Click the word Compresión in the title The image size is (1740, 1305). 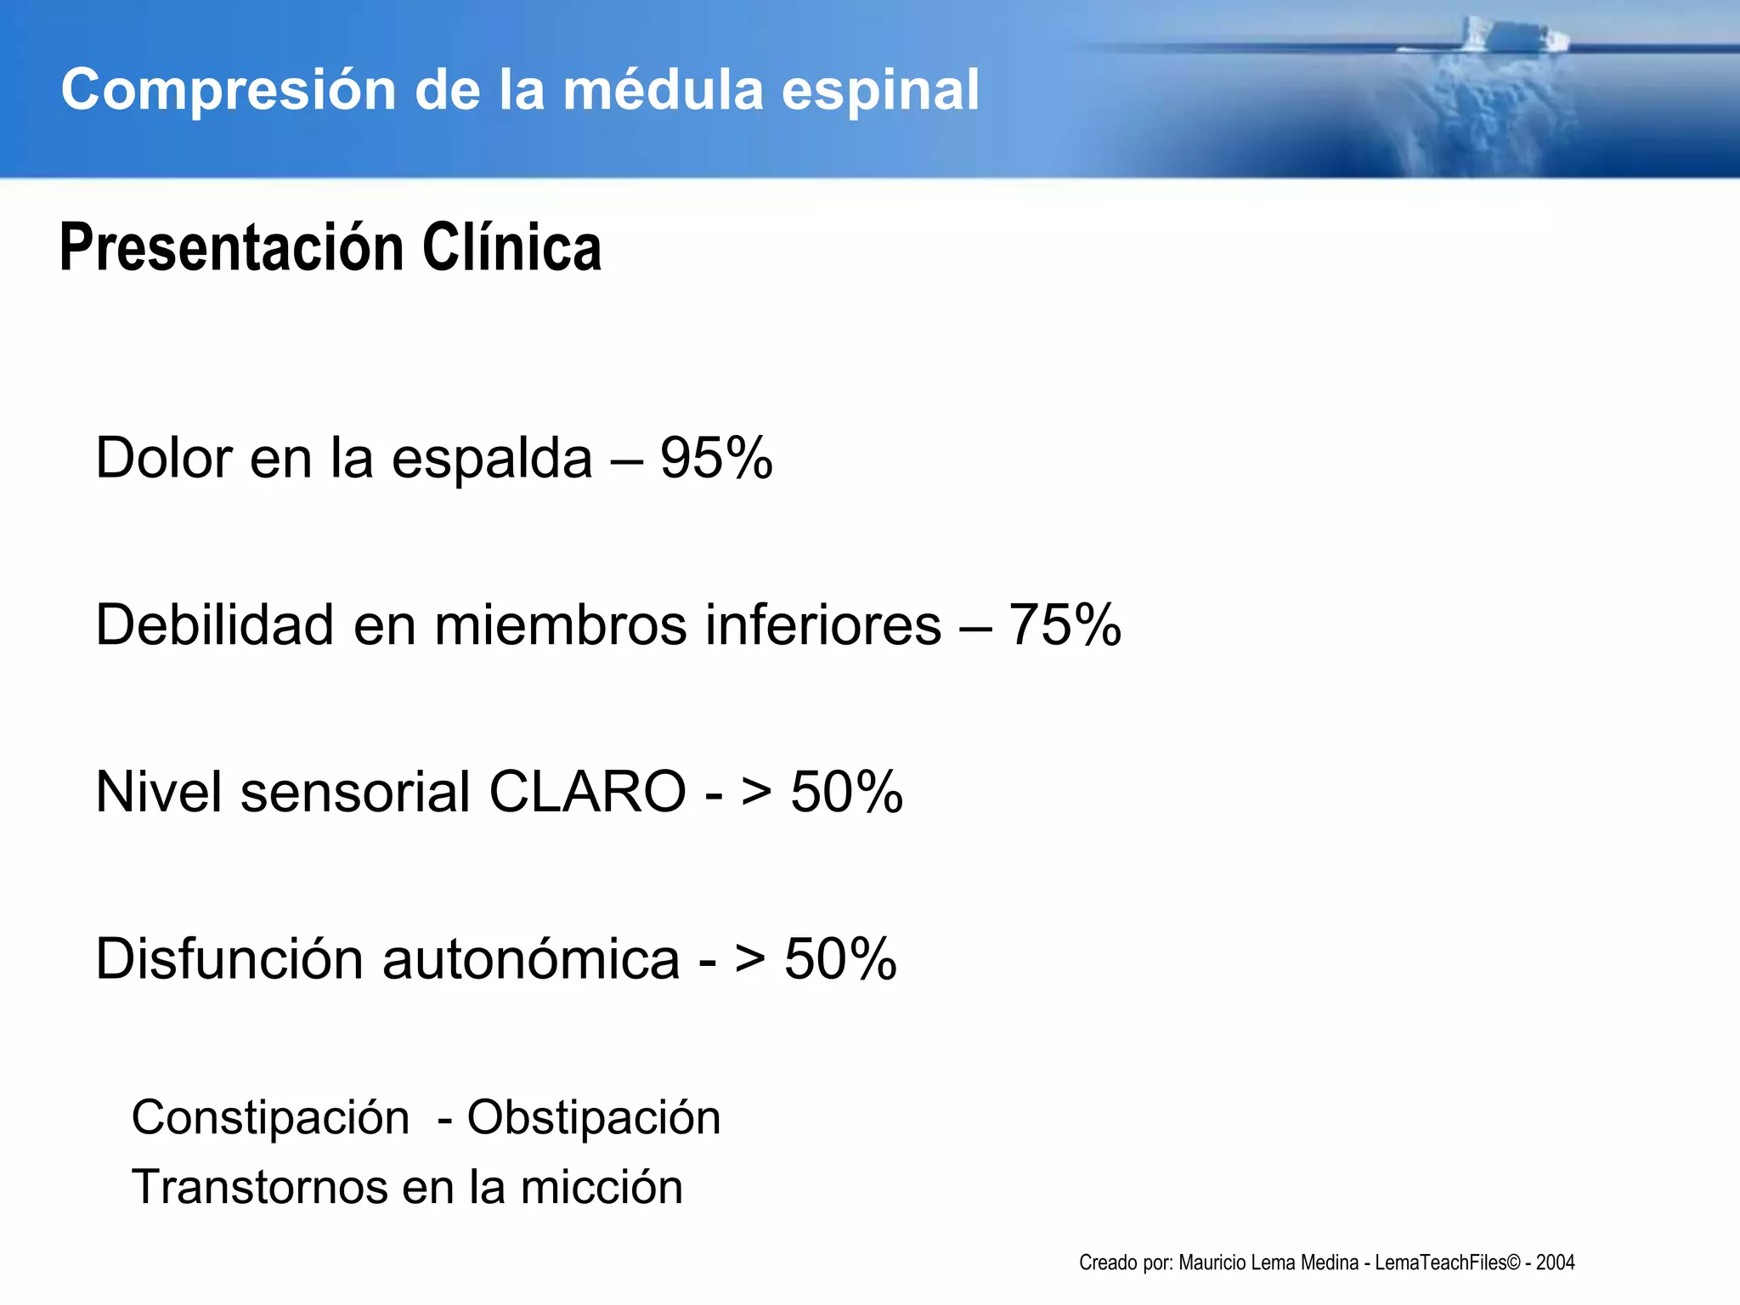229,90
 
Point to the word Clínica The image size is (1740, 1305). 511,248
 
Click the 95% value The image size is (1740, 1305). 716,458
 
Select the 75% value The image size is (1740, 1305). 1065,625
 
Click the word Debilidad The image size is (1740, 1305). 214,625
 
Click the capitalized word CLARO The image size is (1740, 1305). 587,792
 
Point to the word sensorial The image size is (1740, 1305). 355,792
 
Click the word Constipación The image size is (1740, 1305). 270,1118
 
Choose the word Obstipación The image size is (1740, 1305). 594,1118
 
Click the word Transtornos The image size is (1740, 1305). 258,1187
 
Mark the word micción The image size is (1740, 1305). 602,1187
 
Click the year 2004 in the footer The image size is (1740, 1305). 1555,1263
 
